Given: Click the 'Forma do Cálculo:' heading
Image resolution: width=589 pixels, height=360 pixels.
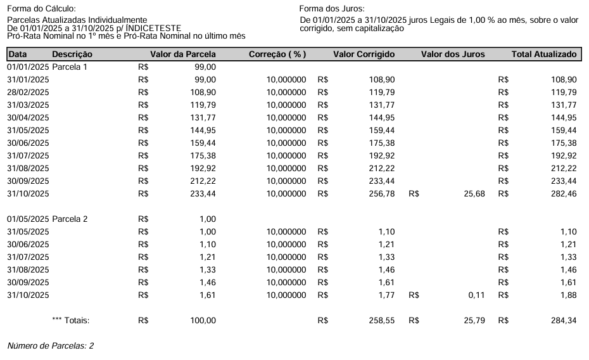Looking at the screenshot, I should (41, 8).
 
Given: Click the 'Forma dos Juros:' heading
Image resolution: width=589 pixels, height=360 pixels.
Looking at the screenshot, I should (332, 8).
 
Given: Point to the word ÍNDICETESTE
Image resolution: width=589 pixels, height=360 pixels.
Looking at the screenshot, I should (153, 29).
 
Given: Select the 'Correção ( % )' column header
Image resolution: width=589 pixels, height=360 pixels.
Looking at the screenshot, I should (277, 55).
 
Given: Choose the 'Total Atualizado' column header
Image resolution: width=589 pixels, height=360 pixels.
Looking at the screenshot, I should (544, 55).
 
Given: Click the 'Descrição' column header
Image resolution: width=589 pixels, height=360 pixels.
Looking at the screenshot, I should (72, 55).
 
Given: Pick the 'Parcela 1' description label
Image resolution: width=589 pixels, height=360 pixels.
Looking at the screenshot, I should (70, 67).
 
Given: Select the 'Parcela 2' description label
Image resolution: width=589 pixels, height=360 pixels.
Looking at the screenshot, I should (70, 219).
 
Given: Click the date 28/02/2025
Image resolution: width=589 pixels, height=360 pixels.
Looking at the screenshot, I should (28, 92).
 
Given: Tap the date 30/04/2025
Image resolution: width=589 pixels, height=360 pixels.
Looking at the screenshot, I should (28, 117).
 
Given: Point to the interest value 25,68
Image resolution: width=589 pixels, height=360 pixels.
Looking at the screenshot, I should (474, 193).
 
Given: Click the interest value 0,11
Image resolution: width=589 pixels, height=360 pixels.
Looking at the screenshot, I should (476, 295).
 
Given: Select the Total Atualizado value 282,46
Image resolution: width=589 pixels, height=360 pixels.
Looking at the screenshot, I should (564, 193).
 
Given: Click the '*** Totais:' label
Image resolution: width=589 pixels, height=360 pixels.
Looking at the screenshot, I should (71, 321).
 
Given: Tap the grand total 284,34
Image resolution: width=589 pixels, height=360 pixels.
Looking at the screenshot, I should (564, 321).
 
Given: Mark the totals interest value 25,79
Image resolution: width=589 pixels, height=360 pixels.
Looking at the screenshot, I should (474, 321).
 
